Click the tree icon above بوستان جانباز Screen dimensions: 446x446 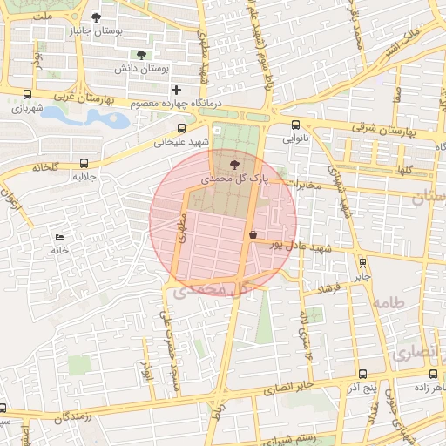coord(96,17)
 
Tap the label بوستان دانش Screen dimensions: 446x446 coord(142,68)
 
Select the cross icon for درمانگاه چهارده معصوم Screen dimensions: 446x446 coord(177,90)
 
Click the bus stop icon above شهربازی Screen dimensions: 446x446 coord(28,95)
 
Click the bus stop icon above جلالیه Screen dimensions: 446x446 coord(84,162)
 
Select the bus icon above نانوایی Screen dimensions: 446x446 coord(296,125)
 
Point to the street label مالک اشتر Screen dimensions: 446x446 coord(401,42)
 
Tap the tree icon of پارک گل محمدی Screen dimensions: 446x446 coord(233,163)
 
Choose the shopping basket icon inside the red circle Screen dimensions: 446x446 coord(253,234)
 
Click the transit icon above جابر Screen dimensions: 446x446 coord(362,261)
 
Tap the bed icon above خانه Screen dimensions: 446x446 coord(59,237)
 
